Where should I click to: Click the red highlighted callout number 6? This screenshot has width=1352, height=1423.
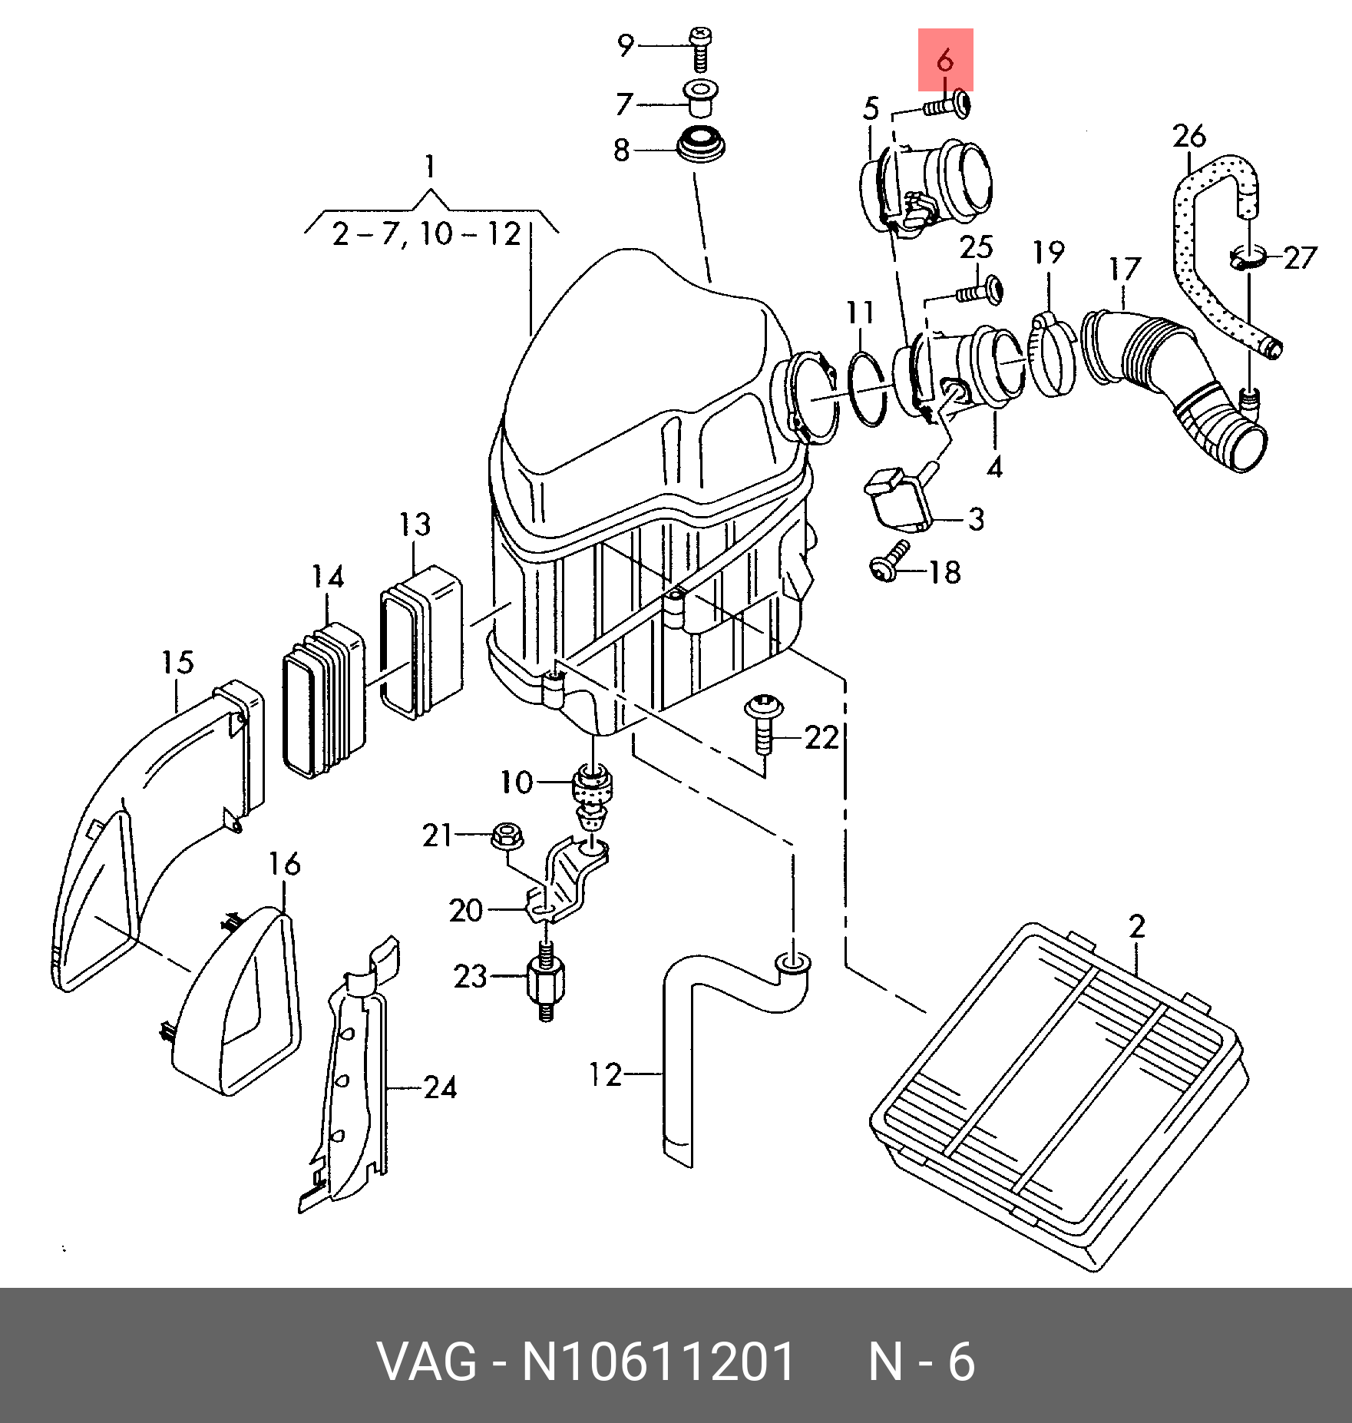pyautogui.click(x=945, y=60)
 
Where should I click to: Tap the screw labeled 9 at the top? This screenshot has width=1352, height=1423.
pyautogui.click(x=699, y=47)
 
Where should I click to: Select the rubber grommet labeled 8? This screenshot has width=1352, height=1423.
pyautogui.click(x=699, y=147)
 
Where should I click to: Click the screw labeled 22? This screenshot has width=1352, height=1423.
pyautogui.click(x=763, y=722)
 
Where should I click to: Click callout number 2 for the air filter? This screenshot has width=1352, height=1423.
pyautogui.click(x=1137, y=926)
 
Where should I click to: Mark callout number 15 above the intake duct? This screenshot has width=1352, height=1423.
pyautogui.click(x=177, y=662)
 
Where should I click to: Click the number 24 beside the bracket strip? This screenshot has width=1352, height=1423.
pyautogui.click(x=440, y=1087)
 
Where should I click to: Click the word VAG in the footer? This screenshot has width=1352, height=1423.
pyautogui.click(x=428, y=1362)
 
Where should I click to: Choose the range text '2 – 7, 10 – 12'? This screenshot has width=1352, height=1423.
pyautogui.click(x=427, y=233)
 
